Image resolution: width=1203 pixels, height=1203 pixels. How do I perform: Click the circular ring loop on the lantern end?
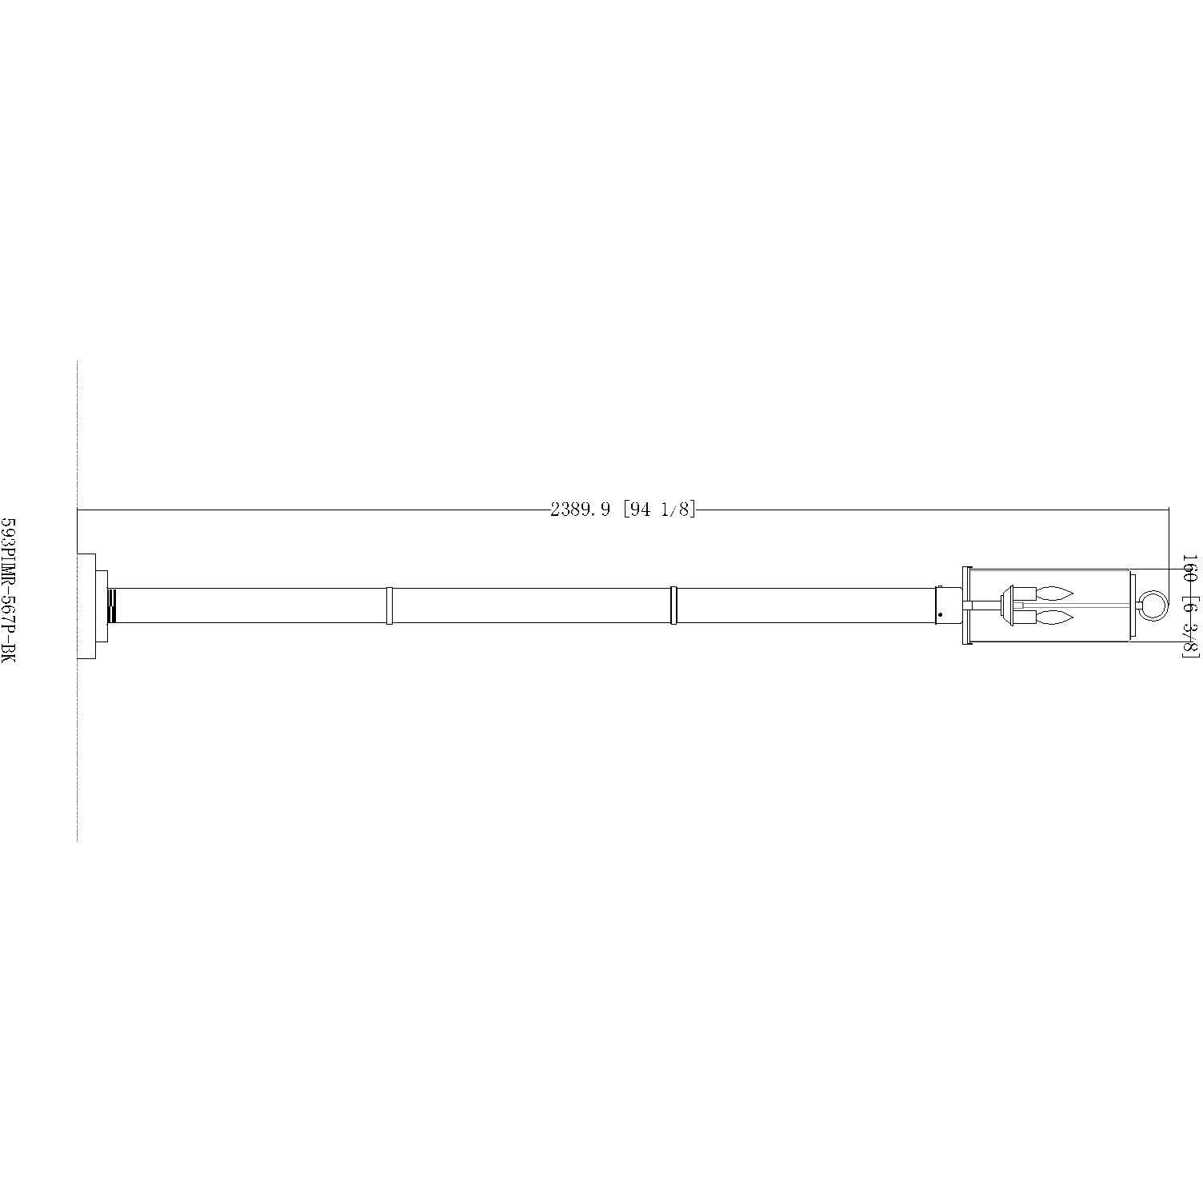click(x=1153, y=605)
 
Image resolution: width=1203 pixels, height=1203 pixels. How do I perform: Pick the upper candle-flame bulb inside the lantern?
click(x=1053, y=593)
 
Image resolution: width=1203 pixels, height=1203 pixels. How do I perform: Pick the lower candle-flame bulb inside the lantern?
click(x=1053, y=617)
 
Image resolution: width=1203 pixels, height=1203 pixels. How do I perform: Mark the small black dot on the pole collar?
click(x=940, y=614)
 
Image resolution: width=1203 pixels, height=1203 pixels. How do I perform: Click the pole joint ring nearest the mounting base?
click(x=389, y=605)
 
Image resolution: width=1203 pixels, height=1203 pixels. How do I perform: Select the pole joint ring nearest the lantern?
click(x=673, y=605)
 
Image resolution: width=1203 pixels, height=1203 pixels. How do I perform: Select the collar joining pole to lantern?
click(x=948, y=605)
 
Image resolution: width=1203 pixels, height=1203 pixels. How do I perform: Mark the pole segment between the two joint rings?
click(x=532, y=605)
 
